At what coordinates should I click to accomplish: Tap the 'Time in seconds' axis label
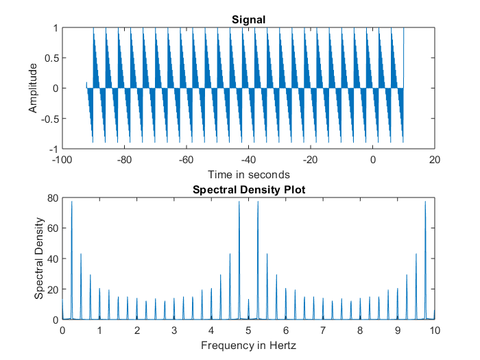coord(248,174)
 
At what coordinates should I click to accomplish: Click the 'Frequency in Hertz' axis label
coord(248,345)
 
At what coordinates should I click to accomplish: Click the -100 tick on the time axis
coord(62,160)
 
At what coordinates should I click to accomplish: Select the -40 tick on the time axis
coord(248,160)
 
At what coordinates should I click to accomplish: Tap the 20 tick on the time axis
coord(434,160)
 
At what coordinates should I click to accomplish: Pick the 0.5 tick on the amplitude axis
coord(50,58)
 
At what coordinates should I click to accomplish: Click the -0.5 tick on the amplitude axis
coord(48,119)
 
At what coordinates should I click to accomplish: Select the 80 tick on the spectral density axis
coord(52,199)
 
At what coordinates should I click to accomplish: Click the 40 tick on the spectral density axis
coord(52,259)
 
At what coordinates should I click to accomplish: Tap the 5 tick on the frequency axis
coord(248,330)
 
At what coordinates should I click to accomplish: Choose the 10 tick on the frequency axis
coord(434,330)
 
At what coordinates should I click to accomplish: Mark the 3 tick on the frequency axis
coord(174,330)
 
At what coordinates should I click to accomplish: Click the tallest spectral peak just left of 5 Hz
coord(239,202)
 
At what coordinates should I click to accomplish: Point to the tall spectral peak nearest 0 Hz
coord(71,202)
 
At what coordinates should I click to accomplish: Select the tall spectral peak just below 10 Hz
coord(425,202)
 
